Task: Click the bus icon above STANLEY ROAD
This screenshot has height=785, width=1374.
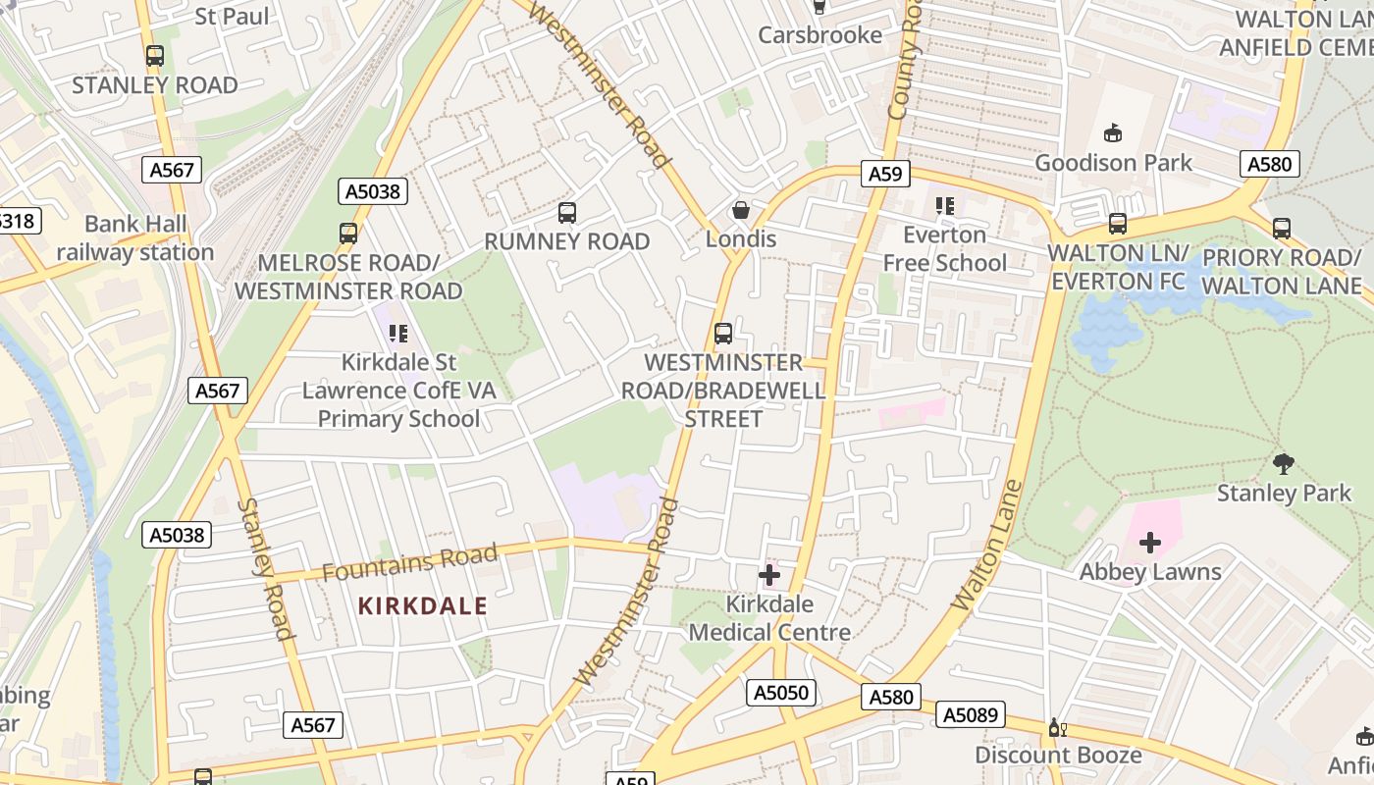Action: [x=154, y=56]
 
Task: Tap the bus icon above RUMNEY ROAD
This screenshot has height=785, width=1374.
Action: [x=566, y=212]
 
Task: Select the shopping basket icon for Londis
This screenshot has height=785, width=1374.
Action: [x=741, y=210]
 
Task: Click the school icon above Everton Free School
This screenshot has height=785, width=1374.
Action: [x=944, y=206]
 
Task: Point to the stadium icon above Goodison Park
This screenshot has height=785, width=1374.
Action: [x=1113, y=132]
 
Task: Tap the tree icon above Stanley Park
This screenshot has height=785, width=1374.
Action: [x=1283, y=463]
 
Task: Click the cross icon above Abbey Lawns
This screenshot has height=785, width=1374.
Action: [x=1149, y=543]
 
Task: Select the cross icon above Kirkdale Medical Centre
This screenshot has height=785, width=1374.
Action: [x=769, y=575]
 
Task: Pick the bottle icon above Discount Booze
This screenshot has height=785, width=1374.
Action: [x=1057, y=727]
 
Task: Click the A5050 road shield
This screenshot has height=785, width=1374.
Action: [x=781, y=693]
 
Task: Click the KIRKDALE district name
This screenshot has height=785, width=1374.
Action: [x=422, y=605]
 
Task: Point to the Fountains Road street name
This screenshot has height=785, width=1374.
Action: [x=409, y=562]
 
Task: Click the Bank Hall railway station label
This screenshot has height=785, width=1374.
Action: [x=135, y=238]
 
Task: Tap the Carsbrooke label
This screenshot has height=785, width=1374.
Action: [x=819, y=35]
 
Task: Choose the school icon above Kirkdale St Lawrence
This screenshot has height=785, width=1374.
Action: [x=397, y=334]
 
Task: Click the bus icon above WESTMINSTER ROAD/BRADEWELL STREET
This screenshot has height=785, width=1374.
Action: [x=723, y=334]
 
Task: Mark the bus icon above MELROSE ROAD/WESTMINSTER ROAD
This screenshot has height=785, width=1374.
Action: [x=348, y=234]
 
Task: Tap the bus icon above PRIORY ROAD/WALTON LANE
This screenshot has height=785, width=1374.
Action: [x=1281, y=229]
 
